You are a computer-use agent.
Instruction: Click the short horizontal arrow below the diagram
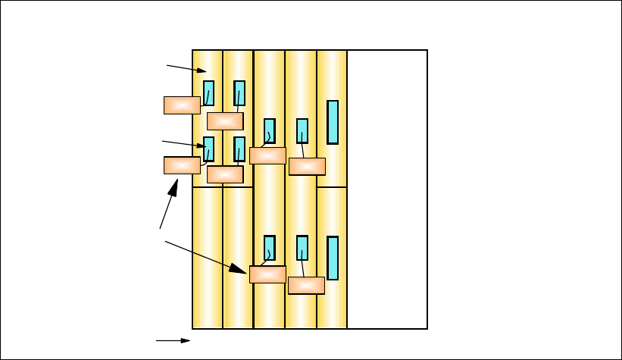[x=173, y=341]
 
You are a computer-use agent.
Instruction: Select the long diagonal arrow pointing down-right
[x=206, y=257]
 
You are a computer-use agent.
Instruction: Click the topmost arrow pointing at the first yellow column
[x=186, y=69]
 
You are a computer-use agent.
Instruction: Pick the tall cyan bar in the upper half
[x=333, y=122]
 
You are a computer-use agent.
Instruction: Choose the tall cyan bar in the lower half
[x=333, y=258]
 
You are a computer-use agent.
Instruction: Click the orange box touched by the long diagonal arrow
[x=267, y=274]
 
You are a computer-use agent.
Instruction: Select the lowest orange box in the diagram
[x=306, y=285]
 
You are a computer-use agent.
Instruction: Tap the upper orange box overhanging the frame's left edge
[x=182, y=105]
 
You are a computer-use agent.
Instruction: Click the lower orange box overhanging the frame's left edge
[x=182, y=165]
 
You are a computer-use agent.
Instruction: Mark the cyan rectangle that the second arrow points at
[x=209, y=149]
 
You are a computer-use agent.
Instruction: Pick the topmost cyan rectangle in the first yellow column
[x=208, y=92]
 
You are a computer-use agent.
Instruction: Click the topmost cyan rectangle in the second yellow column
[x=239, y=92]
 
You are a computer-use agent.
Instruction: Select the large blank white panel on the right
[x=387, y=189]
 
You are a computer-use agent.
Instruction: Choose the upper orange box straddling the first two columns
[x=225, y=121]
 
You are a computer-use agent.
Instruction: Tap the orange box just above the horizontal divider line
[x=225, y=174]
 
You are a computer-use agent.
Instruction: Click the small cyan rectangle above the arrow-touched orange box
[x=270, y=247]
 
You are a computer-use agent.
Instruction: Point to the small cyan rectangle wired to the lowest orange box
[x=302, y=247]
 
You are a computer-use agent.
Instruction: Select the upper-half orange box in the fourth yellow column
[x=307, y=166]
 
